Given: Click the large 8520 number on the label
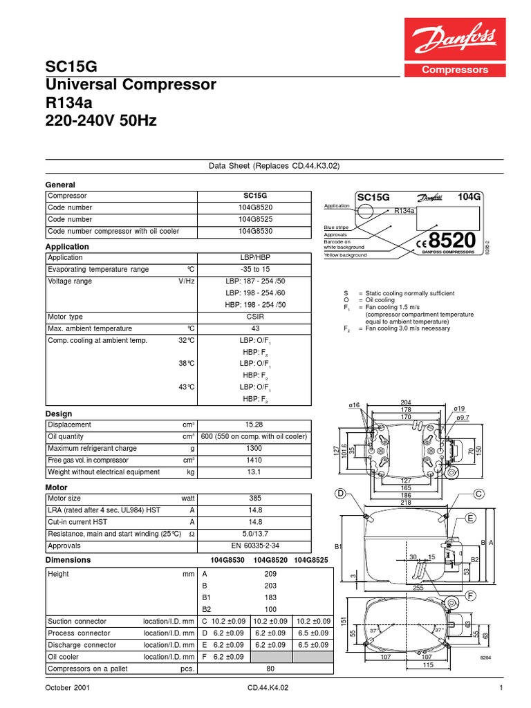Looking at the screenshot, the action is (452, 241).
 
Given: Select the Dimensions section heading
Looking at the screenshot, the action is (67, 559).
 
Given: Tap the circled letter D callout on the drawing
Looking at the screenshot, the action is (339, 493).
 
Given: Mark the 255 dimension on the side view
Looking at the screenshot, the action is (418, 588).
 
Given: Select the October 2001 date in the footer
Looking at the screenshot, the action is (67, 689).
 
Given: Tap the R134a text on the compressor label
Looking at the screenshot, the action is (404, 211).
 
